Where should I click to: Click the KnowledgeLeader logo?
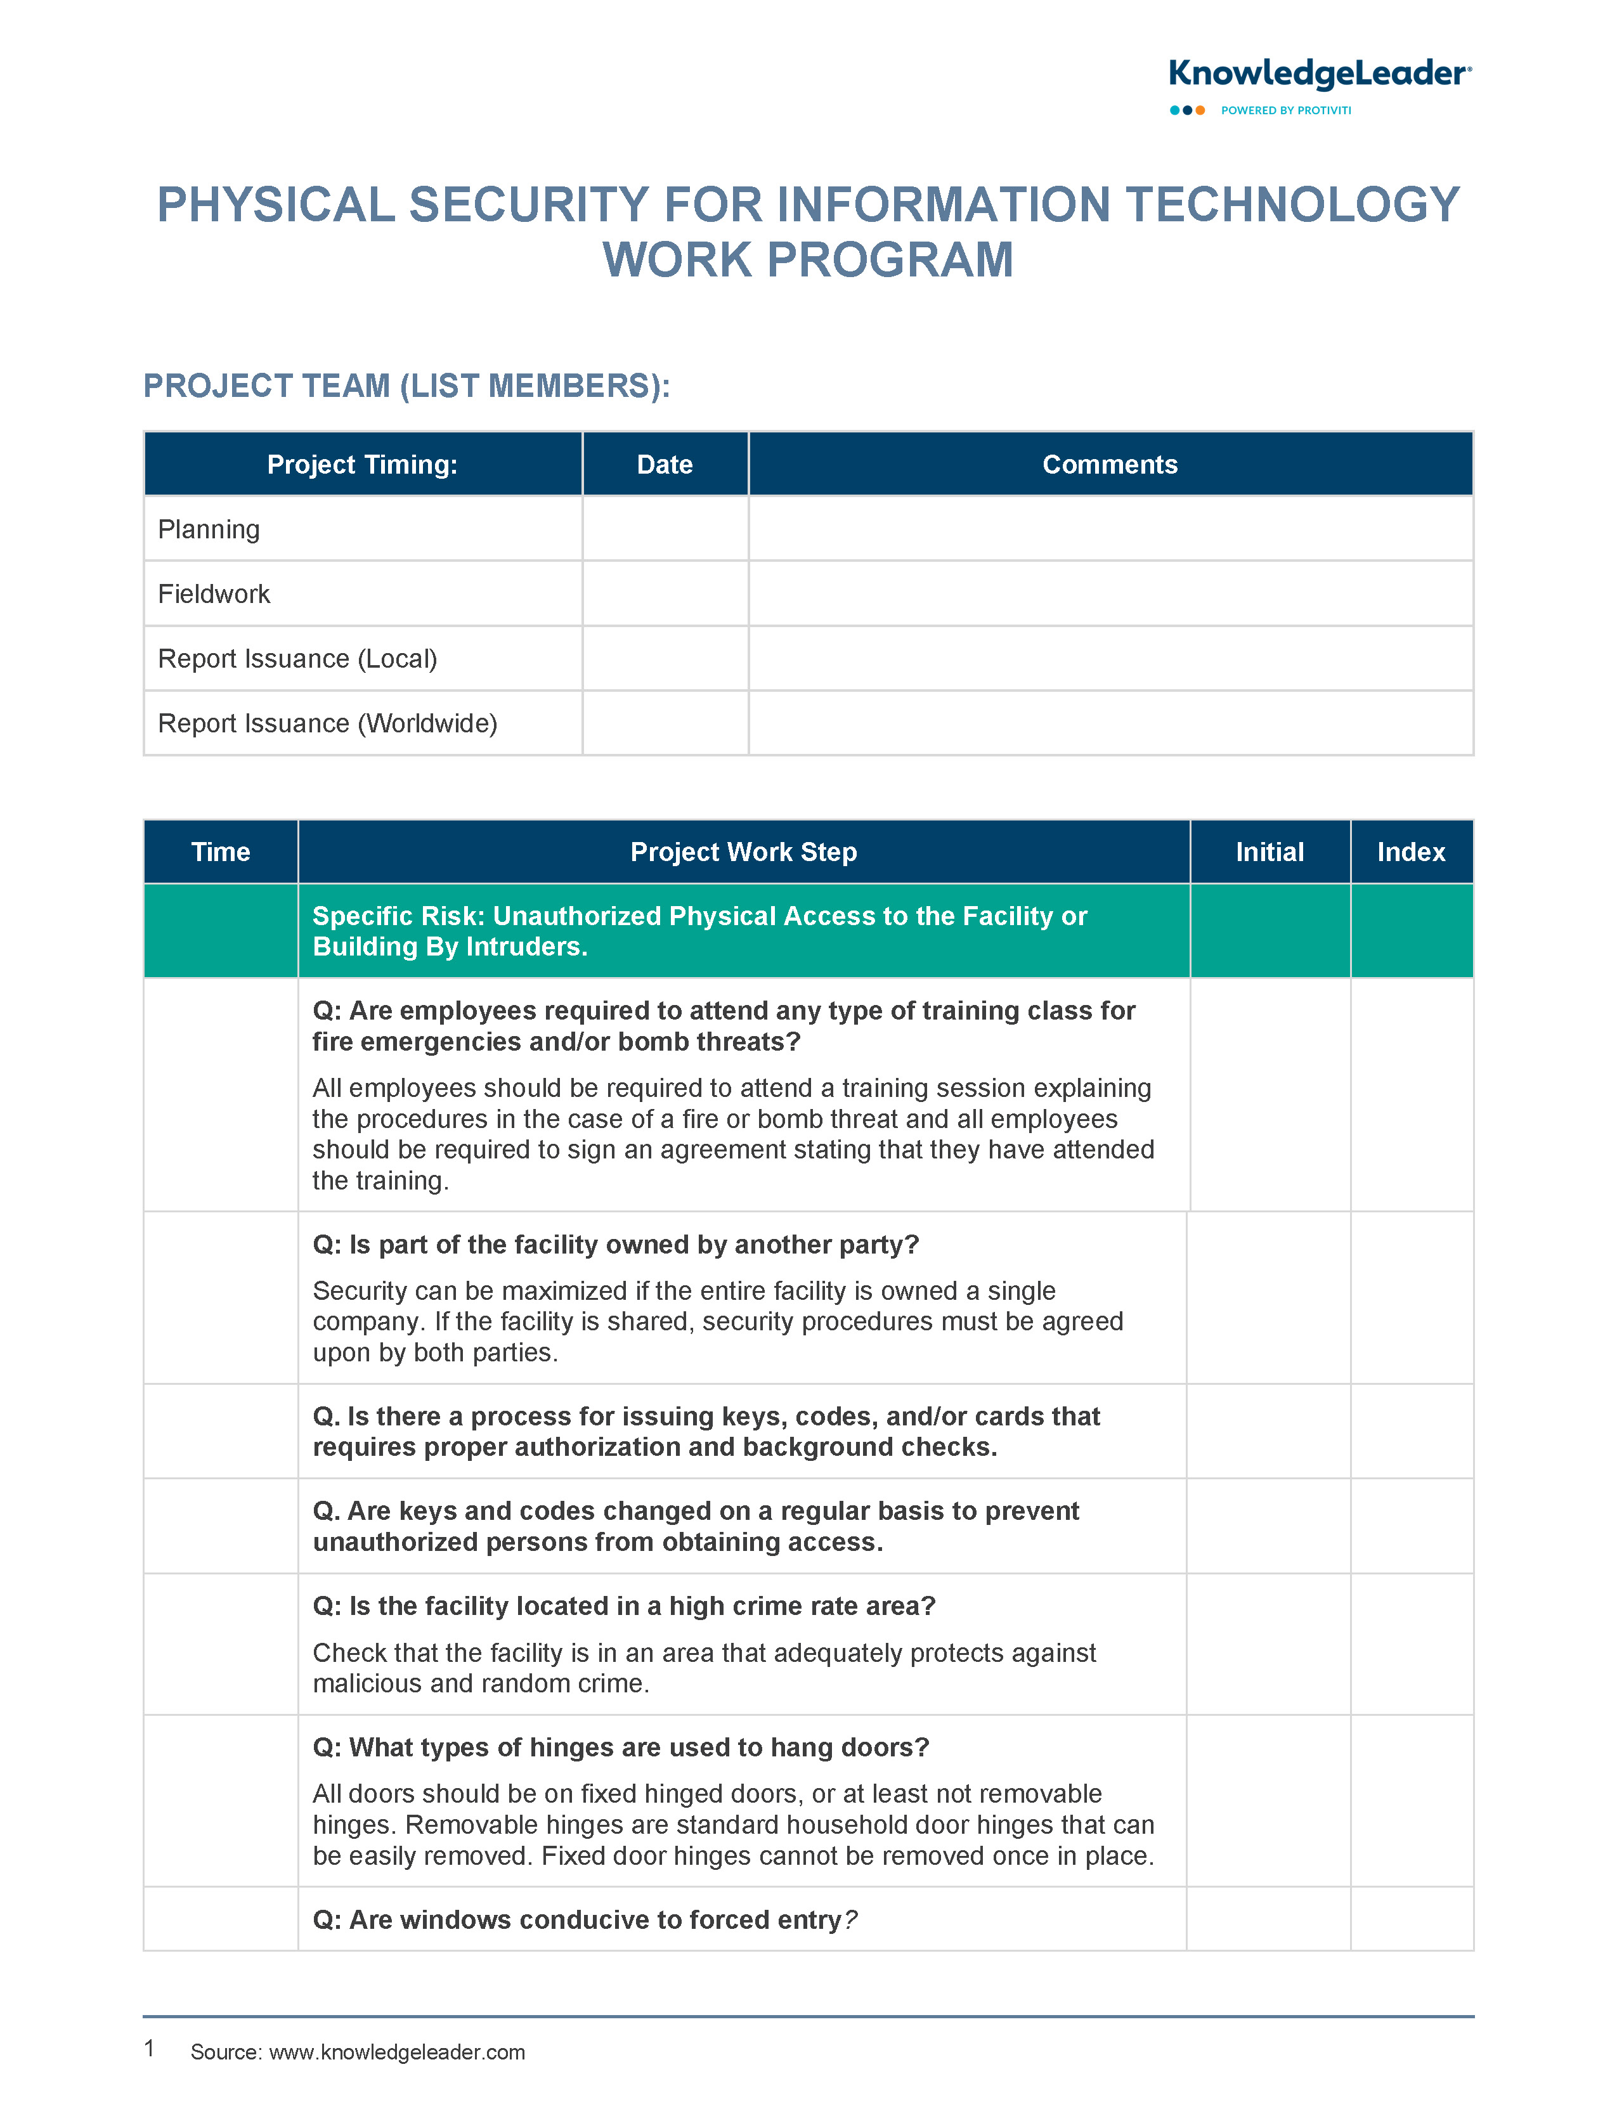(1318, 74)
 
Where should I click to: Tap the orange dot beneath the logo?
(1200, 111)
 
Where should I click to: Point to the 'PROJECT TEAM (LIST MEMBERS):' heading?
(406, 386)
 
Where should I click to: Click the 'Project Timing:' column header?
(362, 465)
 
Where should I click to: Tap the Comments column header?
(1110, 465)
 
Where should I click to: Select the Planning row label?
(209, 529)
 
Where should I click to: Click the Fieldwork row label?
(214, 593)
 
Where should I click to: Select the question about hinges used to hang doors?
(621, 1748)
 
